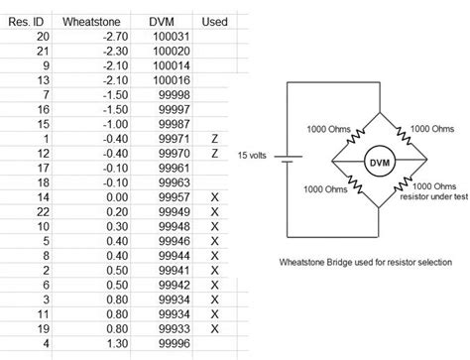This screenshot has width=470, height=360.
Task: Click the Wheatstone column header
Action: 90,20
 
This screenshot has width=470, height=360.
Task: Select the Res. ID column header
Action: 32,20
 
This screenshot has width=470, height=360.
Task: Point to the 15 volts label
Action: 254,156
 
